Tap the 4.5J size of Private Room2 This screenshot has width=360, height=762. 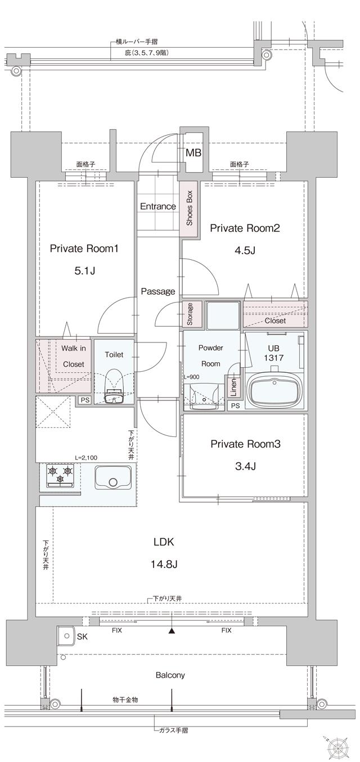245,251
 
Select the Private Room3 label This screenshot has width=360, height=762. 245,444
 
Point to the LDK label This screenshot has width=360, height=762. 164,542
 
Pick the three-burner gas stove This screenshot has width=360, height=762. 60,476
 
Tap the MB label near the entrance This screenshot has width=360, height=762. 193,152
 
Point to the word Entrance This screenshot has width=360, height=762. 157,206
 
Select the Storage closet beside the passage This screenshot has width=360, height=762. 190,314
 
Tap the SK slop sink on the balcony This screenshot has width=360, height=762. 67,637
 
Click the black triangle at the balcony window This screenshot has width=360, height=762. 172,631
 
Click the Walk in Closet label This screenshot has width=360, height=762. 73,356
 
